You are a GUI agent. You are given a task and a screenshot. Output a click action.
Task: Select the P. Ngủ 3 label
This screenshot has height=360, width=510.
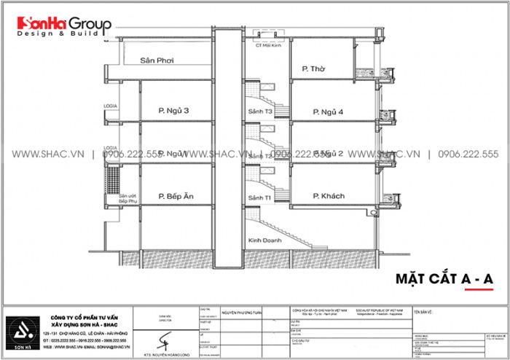pyautogui.click(x=173, y=111)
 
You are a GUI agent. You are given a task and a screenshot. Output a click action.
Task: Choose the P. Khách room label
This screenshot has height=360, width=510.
pyautogui.click(x=328, y=196)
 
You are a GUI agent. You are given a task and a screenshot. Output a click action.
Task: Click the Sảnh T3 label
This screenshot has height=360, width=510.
pyautogui.click(x=259, y=111)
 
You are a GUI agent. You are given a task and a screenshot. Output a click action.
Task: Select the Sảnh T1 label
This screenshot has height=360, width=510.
pyautogui.click(x=259, y=197)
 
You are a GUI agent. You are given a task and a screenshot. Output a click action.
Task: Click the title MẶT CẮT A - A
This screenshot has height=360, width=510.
pyautogui.click(x=444, y=278)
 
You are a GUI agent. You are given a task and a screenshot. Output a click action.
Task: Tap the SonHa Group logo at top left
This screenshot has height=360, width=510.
pyautogui.click(x=58, y=27)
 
